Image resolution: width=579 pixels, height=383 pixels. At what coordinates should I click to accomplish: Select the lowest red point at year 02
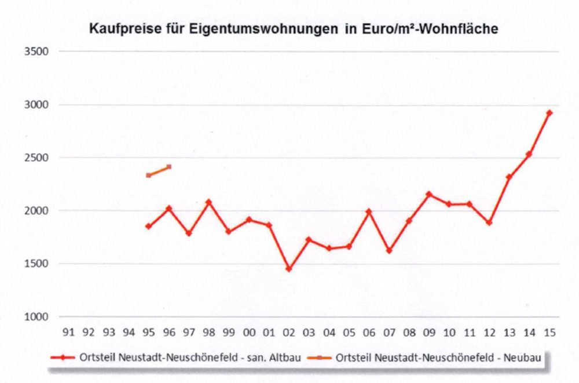(288, 269)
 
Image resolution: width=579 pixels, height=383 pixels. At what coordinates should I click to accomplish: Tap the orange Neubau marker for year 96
(168, 167)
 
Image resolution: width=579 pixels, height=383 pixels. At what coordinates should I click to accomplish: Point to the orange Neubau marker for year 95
(148, 175)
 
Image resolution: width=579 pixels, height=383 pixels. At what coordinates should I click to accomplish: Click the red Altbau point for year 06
(368, 211)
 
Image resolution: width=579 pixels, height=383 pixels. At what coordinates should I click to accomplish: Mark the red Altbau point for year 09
(428, 194)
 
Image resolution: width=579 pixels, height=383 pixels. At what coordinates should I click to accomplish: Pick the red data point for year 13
(509, 177)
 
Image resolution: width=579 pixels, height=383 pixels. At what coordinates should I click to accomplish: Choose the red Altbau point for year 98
(208, 202)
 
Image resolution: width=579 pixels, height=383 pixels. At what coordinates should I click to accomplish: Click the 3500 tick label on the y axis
(36, 52)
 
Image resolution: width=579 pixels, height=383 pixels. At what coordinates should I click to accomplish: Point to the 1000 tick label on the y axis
(36, 317)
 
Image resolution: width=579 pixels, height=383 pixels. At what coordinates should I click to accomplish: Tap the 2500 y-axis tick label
(36, 158)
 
